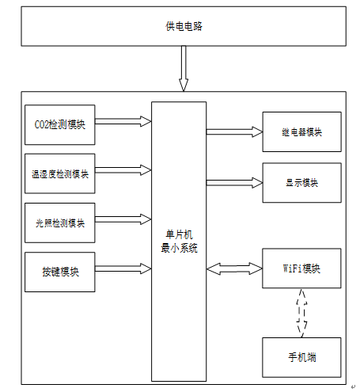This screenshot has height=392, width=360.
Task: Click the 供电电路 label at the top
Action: [184, 26]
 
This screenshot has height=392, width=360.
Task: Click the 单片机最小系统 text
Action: [179, 242]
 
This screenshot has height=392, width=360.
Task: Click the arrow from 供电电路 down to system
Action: [184, 69]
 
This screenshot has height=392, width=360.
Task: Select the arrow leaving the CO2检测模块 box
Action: [123, 121]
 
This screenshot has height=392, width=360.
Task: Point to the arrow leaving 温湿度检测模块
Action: [123, 170]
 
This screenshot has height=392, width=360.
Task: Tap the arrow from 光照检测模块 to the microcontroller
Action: [123, 219]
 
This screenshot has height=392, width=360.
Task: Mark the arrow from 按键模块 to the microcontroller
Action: [123, 268]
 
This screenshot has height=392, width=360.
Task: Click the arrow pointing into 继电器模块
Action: [234, 131]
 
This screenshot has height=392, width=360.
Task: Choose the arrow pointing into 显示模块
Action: [234, 183]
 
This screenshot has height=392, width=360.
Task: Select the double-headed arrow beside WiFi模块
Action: [234, 268]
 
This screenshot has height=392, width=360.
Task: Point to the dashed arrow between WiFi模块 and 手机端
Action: [301, 313]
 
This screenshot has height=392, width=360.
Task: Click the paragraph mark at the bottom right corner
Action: [353, 387]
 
